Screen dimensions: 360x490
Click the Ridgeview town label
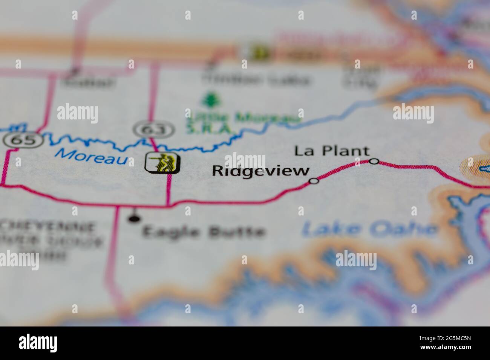pos(260,171)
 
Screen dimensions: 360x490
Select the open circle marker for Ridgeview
pos(314,181)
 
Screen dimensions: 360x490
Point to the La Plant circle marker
pos(374,161)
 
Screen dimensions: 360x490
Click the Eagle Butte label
pos(204,231)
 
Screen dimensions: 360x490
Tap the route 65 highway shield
pos(24,140)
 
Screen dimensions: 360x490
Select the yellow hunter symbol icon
pos(163,163)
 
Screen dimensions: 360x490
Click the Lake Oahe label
pos(369,229)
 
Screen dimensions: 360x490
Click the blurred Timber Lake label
pos(256,79)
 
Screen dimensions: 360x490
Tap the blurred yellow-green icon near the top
pos(260,52)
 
